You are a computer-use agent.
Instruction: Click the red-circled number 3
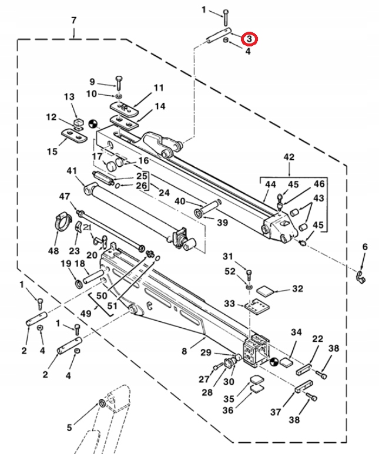(250, 39)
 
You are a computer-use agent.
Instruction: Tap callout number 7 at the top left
(73, 21)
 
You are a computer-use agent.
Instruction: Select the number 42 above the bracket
(289, 157)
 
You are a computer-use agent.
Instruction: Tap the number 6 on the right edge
(365, 247)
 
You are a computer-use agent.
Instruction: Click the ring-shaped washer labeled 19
(78, 285)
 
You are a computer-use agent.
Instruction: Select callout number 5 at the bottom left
(69, 428)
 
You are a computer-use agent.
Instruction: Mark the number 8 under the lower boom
(184, 351)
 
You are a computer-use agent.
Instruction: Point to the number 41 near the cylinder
(72, 171)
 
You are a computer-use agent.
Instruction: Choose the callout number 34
(296, 332)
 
